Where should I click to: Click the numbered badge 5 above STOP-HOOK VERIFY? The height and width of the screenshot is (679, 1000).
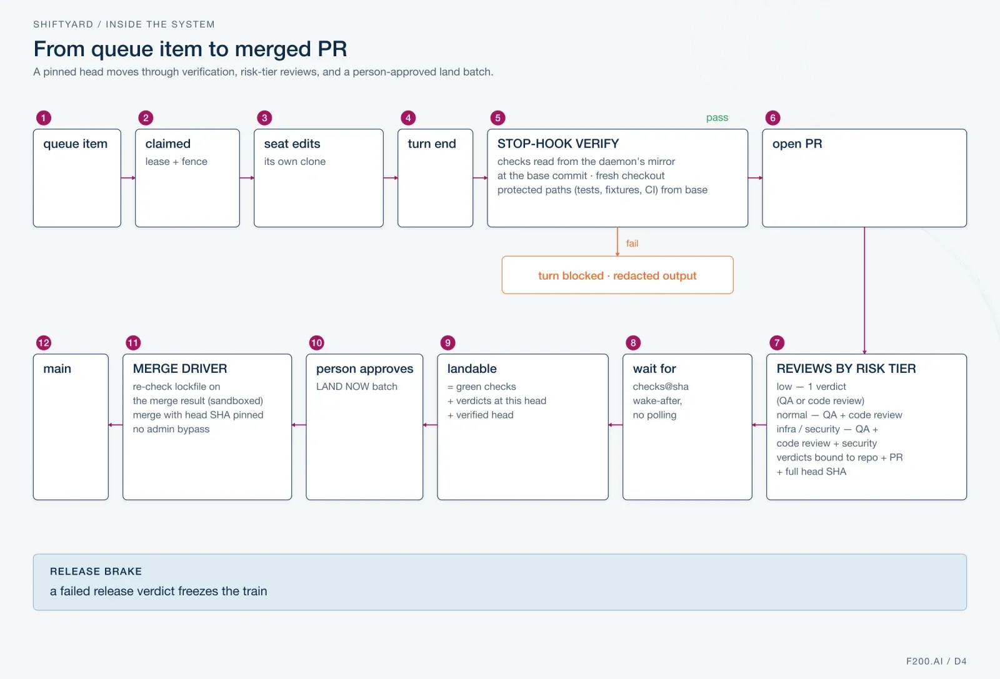click(497, 118)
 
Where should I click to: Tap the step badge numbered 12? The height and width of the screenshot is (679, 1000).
click(44, 342)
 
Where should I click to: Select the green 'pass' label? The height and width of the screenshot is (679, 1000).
click(717, 117)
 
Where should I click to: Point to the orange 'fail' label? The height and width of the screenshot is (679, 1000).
click(632, 243)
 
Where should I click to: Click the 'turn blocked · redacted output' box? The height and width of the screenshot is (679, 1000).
click(617, 275)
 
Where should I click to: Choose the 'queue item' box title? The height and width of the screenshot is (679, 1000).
click(76, 144)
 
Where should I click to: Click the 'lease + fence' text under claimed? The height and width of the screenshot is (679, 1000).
click(176, 162)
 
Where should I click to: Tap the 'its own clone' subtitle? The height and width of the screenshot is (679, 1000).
click(294, 162)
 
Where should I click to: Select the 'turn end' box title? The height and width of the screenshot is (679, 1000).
click(432, 144)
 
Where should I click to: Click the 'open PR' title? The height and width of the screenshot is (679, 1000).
click(797, 144)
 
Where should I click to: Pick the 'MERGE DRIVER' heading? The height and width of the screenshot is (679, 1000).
click(180, 369)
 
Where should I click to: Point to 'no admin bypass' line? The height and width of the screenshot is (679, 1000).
click(171, 429)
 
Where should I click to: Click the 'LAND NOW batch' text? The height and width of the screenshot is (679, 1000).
click(357, 386)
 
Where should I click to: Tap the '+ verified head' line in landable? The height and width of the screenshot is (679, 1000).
click(481, 415)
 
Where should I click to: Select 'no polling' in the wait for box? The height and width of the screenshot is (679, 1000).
click(654, 415)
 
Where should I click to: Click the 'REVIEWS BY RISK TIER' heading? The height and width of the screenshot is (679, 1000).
click(846, 369)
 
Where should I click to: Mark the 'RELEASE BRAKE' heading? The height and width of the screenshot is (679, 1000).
click(96, 571)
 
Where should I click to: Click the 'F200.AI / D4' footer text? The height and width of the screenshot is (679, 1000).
click(936, 661)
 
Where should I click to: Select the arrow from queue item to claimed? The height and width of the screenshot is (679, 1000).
click(128, 178)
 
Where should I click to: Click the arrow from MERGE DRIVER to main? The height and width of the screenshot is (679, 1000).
click(116, 425)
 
